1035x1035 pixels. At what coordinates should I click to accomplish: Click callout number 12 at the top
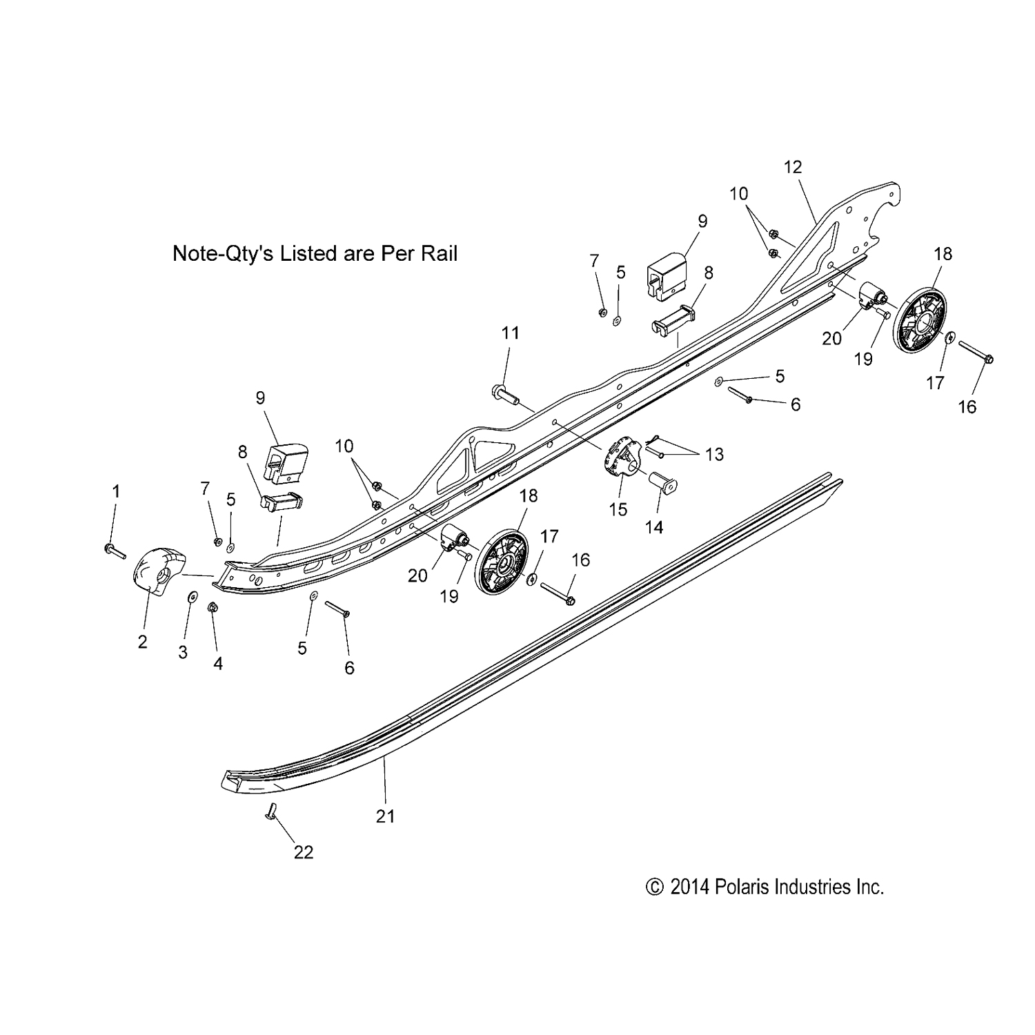793,167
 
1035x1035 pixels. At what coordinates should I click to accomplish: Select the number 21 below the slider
385,816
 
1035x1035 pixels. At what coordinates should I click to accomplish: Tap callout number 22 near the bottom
304,853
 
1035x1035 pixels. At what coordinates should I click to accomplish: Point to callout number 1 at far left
116,491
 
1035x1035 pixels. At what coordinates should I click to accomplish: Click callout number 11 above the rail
510,333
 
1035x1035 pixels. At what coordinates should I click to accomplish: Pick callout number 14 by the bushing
653,528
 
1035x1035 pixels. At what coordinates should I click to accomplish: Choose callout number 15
618,510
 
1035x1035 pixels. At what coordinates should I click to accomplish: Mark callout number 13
715,454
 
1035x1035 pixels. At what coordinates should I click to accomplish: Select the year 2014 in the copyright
689,887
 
